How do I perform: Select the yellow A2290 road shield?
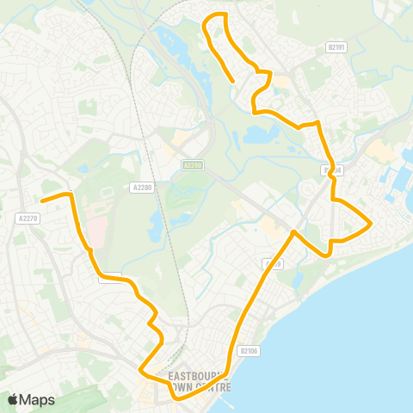193,164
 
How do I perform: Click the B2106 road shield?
249,350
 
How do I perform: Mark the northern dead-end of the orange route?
234,82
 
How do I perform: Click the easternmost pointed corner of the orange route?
371,225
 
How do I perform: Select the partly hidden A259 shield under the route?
274,263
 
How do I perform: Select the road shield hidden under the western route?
110,277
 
